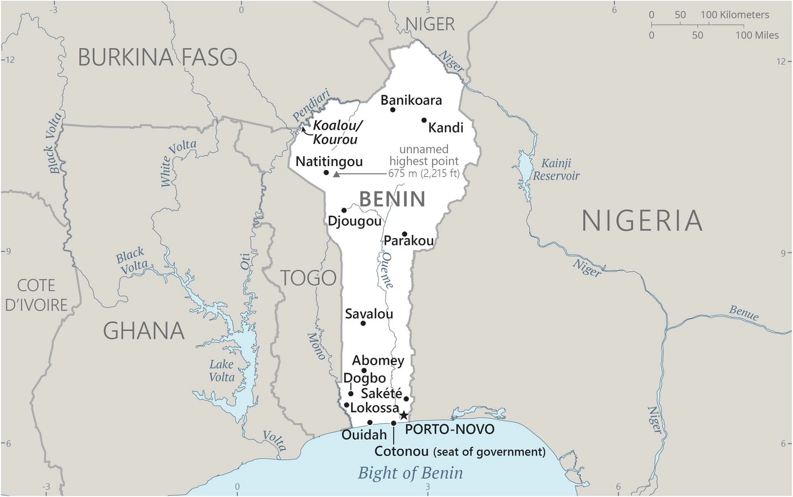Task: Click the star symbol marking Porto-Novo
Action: tap(403, 415)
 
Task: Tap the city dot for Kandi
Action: tap(424, 120)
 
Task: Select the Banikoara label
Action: tap(411, 100)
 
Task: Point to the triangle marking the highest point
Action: tap(336, 175)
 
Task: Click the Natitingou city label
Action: tap(329, 162)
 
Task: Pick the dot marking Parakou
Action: tap(404, 234)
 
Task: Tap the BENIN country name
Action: tap(392, 199)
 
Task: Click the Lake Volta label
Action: tap(221, 371)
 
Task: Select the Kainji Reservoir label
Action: tap(556, 169)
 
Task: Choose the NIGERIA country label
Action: tap(642, 220)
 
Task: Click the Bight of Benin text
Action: tap(410, 473)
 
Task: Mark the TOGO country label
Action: tap(309, 278)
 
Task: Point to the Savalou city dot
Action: tap(363, 323)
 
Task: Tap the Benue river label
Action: tap(744, 312)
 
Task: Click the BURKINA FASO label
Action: tap(157, 57)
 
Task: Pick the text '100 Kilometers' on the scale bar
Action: tap(735, 15)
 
